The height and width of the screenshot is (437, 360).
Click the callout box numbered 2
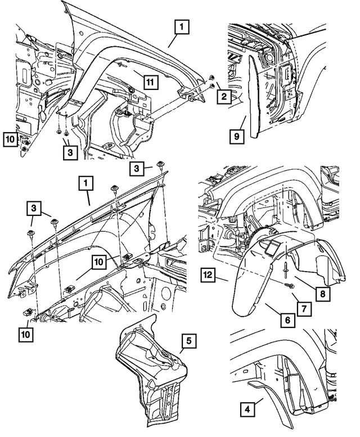[x=223, y=97]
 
